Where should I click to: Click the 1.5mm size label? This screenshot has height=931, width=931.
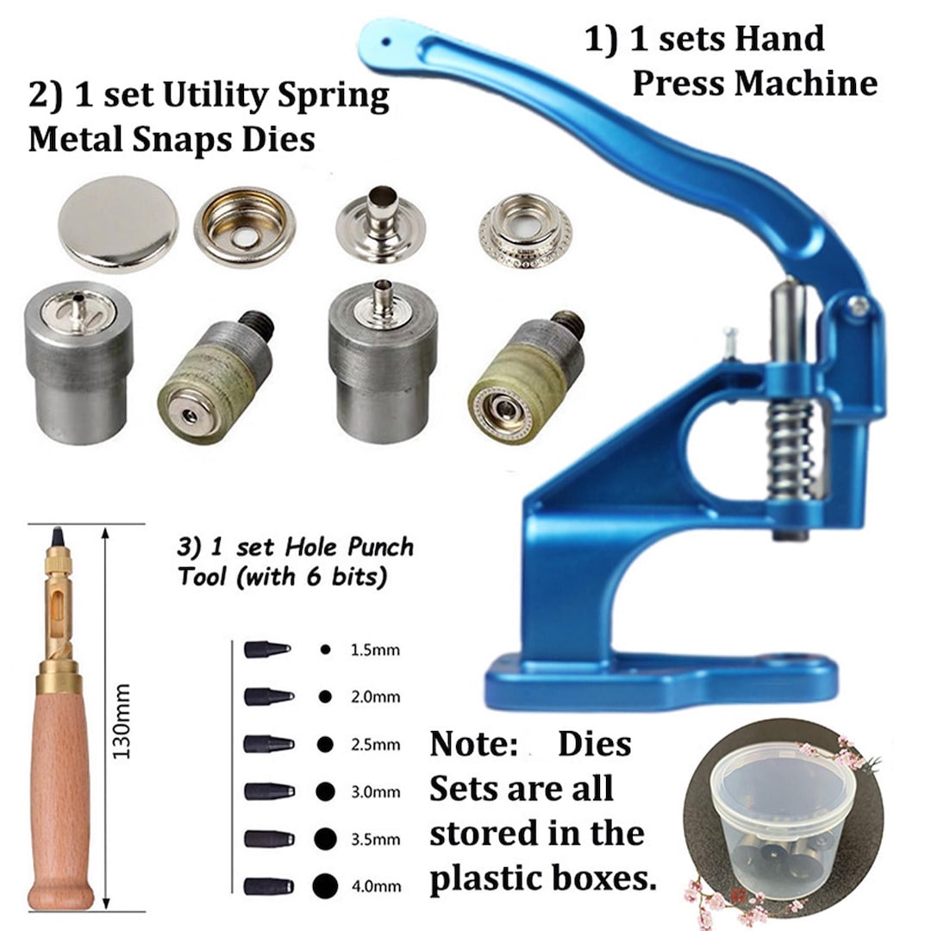375,650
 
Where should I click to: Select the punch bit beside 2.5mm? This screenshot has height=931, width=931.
268,743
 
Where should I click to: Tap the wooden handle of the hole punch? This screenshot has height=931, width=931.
60,793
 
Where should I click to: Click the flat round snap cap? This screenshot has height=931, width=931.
118,222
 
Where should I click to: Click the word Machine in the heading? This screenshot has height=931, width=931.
805,84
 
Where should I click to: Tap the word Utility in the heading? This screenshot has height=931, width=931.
191,97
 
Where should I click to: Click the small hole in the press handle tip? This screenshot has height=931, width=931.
386,38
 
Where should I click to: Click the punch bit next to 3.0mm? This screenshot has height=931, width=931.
268,790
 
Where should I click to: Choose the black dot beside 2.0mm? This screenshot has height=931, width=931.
324,697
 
